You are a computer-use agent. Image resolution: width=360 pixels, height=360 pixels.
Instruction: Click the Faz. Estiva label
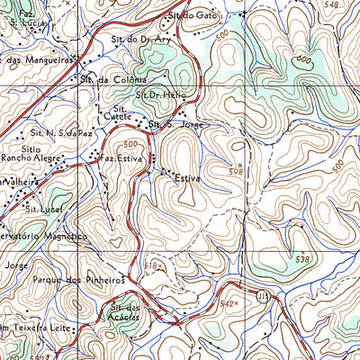pyautogui.click(x=123, y=158)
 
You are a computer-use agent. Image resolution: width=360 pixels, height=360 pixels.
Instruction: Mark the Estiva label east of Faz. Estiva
pyautogui.click(x=186, y=179)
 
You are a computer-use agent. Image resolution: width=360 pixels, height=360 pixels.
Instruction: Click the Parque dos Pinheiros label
pyautogui.click(x=77, y=280)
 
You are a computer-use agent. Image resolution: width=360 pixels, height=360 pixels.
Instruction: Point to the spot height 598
pyautogui.click(x=236, y=170)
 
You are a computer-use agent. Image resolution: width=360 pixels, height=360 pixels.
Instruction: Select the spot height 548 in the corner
pyautogui.click(x=336, y=5)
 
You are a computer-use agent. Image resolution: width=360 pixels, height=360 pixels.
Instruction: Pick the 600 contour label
pyautogui.click(x=305, y=61)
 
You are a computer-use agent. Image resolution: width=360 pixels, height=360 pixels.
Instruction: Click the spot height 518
pyautogui.click(x=154, y=266)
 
